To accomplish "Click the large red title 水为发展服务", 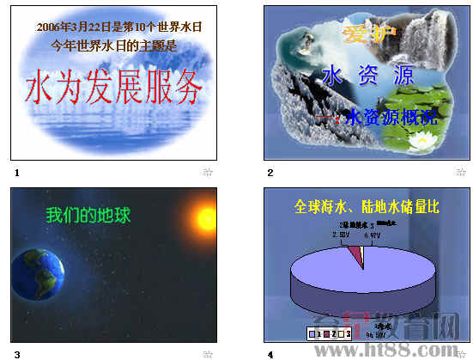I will point(116,87).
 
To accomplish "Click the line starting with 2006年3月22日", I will point(119,27).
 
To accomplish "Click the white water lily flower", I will point(421,138).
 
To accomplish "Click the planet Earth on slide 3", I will point(38,276).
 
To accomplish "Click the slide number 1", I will point(16,173).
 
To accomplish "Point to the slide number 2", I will point(270,173).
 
